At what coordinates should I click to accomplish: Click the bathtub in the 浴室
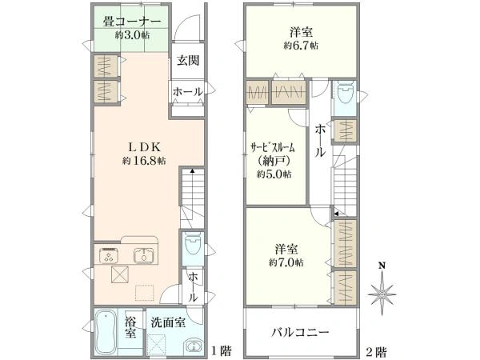tap(106, 335)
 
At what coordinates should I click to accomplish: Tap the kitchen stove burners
tap(110, 256)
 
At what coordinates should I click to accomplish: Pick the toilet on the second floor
tap(343, 95)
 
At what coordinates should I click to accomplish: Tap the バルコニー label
tap(299, 332)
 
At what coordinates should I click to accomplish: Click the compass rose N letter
tap(382, 267)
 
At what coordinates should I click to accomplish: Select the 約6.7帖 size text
tap(300, 46)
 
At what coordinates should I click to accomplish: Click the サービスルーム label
tap(274, 147)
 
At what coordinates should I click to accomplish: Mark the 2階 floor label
tap(377, 350)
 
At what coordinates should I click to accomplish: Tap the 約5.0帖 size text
tap(274, 174)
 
